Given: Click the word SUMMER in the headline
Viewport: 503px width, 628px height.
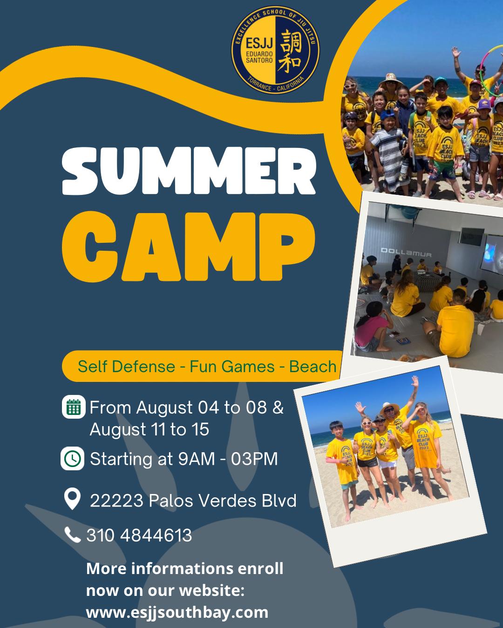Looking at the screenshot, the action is [189, 171].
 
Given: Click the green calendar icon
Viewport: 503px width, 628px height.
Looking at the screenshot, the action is [74, 407].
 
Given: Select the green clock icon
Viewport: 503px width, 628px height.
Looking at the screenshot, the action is [73, 459].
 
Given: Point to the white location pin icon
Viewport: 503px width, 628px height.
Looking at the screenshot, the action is [72, 498].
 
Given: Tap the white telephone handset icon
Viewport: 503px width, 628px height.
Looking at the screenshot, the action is [73, 534].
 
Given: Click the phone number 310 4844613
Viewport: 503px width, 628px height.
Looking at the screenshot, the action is [139, 535].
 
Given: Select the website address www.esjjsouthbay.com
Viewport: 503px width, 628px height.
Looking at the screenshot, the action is [177, 612].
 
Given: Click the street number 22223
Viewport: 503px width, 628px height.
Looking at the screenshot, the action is [116, 501].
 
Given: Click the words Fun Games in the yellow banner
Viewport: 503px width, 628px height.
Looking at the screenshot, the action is [232, 367].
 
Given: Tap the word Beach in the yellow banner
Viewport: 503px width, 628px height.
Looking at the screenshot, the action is [313, 367].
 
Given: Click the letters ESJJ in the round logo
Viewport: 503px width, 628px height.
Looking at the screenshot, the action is [259, 43].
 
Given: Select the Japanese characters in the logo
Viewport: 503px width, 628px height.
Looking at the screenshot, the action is [289, 50].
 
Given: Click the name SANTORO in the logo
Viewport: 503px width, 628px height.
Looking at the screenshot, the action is [259, 60].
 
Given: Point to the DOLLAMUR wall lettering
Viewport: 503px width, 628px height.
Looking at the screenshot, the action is [406, 252].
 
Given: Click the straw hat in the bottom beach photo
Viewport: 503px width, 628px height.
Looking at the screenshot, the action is [390, 408].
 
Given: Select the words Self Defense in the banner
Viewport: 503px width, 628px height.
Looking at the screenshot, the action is [127, 367].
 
